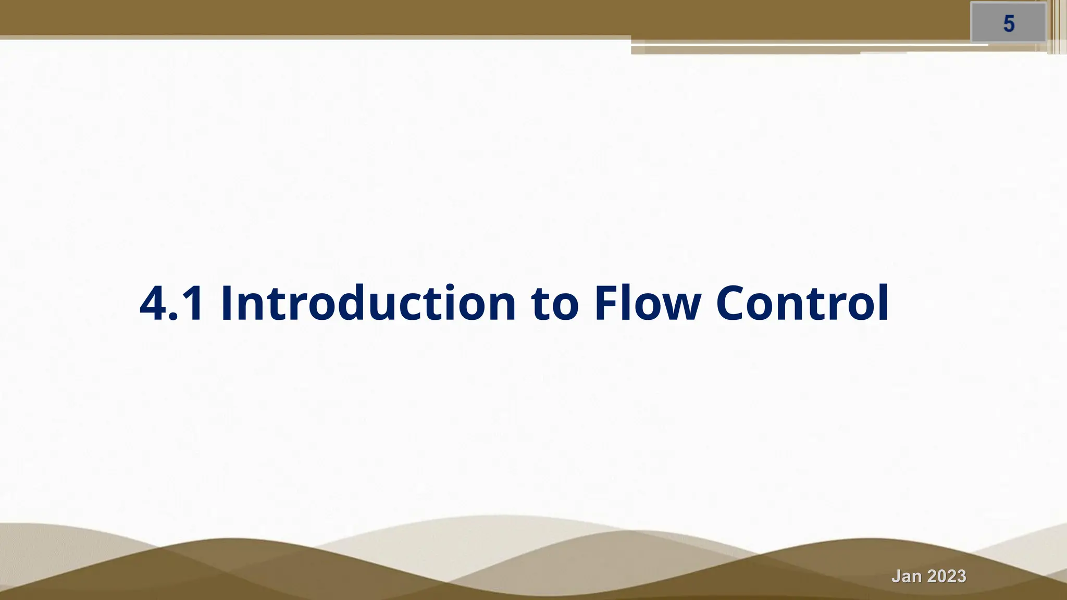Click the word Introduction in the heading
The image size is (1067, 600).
click(368, 303)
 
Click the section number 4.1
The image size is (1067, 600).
click(172, 304)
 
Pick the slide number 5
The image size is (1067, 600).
click(1009, 24)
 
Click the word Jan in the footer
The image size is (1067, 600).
click(906, 577)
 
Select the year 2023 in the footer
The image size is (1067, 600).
click(947, 577)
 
